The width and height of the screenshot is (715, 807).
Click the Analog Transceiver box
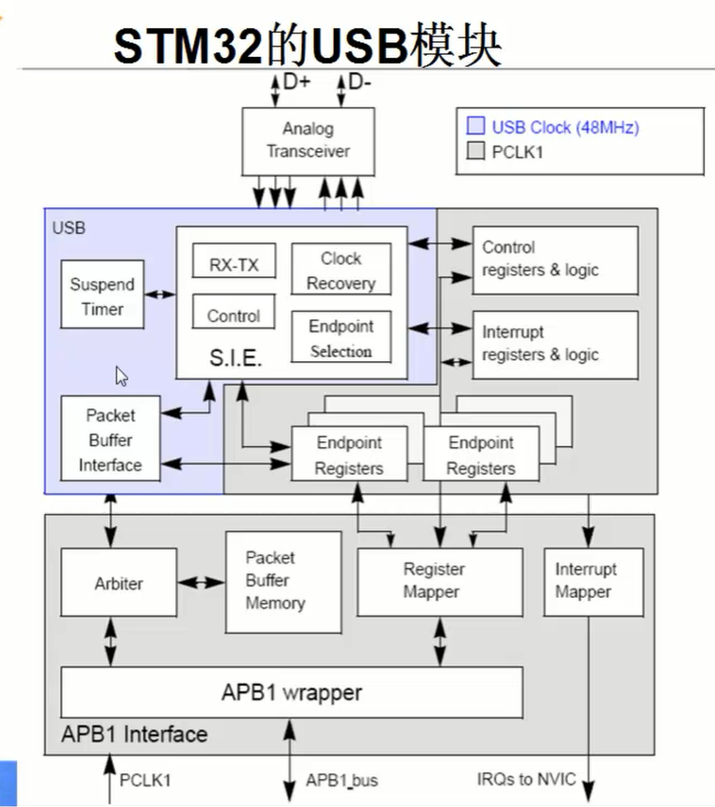pos(308,141)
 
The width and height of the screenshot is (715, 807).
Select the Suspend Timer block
pos(103,294)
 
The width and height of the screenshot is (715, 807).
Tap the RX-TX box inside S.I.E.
pos(234,263)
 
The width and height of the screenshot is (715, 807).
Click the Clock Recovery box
pos(340,270)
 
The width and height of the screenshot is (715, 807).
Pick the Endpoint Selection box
pos(340,338)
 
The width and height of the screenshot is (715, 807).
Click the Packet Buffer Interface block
pos(110,439)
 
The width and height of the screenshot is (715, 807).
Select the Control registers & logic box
pos(556,259)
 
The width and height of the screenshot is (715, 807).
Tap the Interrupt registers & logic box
pos(556,343)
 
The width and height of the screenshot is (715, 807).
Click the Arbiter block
pos(118,583)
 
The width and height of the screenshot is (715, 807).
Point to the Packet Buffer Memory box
pos(282,580)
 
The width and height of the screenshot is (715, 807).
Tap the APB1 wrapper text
pos(291,693)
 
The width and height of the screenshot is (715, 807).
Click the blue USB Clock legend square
pos(475,127)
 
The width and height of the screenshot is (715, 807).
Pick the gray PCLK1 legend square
pos(475,151)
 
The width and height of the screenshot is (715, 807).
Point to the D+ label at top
pos(297,82)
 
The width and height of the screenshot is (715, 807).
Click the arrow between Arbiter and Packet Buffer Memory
pos(201,582)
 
